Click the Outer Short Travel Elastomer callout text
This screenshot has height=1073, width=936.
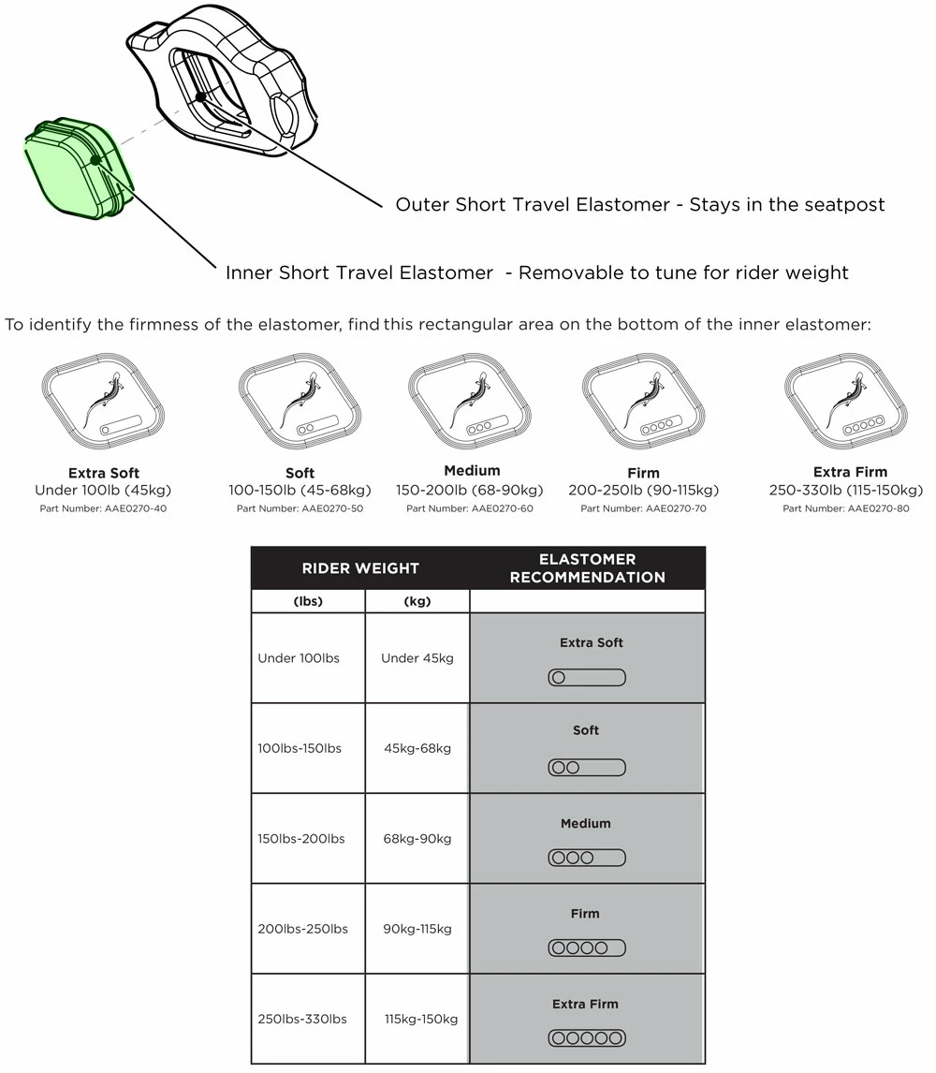coord(639,205)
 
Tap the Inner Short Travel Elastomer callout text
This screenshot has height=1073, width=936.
coord(536,273)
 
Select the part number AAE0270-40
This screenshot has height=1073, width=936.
coord(103,509)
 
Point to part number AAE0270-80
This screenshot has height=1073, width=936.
coord(845,509)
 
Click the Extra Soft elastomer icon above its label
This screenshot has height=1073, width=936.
coord(104,404)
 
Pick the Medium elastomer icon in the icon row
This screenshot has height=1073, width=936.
coord(470,403)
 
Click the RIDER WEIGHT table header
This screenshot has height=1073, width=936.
coord(360,568)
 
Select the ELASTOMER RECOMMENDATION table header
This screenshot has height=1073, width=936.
coord(587,568)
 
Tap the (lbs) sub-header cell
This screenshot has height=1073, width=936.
coord(308,602)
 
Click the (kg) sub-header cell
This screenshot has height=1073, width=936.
coord(417,602)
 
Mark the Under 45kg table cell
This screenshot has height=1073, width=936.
coord(417,658)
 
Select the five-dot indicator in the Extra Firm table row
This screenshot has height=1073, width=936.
coord(587,1037)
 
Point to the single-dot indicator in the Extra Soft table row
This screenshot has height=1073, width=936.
coord(587,678)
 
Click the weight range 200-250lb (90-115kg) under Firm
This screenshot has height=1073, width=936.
coord(643,491)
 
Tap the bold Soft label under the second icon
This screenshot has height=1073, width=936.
coord(300,473)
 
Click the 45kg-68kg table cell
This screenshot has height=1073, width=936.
coord(417,748)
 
